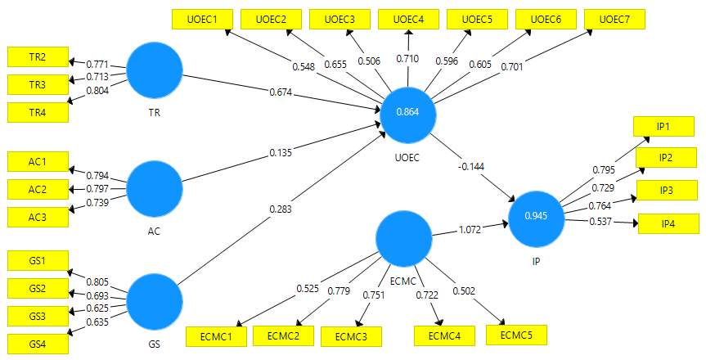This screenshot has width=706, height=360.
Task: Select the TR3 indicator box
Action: pos(38,83)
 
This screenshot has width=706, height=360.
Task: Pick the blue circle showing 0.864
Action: pos(407,112)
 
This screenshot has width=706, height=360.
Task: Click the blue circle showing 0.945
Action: pos(537,216)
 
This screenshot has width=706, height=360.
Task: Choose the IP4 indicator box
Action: pos(668,223)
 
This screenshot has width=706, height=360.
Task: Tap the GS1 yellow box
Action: pos(38,261)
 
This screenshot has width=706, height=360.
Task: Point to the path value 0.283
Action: pos(280,209)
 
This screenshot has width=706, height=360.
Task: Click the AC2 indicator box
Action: pos(38,189)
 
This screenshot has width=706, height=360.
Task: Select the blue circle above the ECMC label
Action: pos(403,238)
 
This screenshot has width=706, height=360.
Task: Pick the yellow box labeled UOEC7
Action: pos(615,19)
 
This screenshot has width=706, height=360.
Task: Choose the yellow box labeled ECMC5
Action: pos(516,334)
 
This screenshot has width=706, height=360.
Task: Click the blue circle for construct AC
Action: pos(155,187)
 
